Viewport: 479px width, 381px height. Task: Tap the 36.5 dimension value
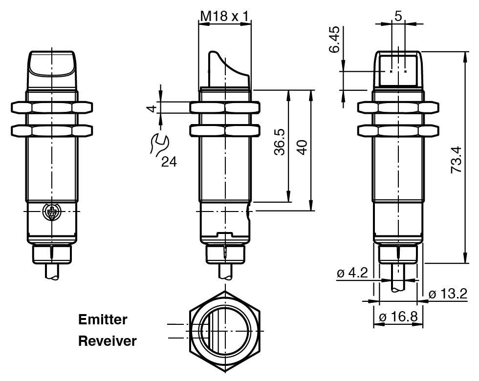click(280, 142)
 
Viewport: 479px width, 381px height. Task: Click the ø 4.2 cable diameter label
click(352, 273)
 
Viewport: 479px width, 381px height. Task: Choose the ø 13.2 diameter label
click(448, 294)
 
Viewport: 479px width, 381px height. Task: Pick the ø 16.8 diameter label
click(398, 317)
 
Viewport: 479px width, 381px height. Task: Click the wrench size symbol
click(159, 143)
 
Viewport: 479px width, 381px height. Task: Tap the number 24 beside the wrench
click(169, 162)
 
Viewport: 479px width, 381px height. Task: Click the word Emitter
click(103, 319)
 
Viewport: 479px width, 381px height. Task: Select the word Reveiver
click(108, 341)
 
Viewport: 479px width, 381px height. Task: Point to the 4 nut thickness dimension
click(152, 108)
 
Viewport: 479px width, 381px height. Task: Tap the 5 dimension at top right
click(398, 16)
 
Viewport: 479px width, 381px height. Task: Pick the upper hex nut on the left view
click(51, 107)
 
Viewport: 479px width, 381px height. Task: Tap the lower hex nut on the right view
click(398, 130)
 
